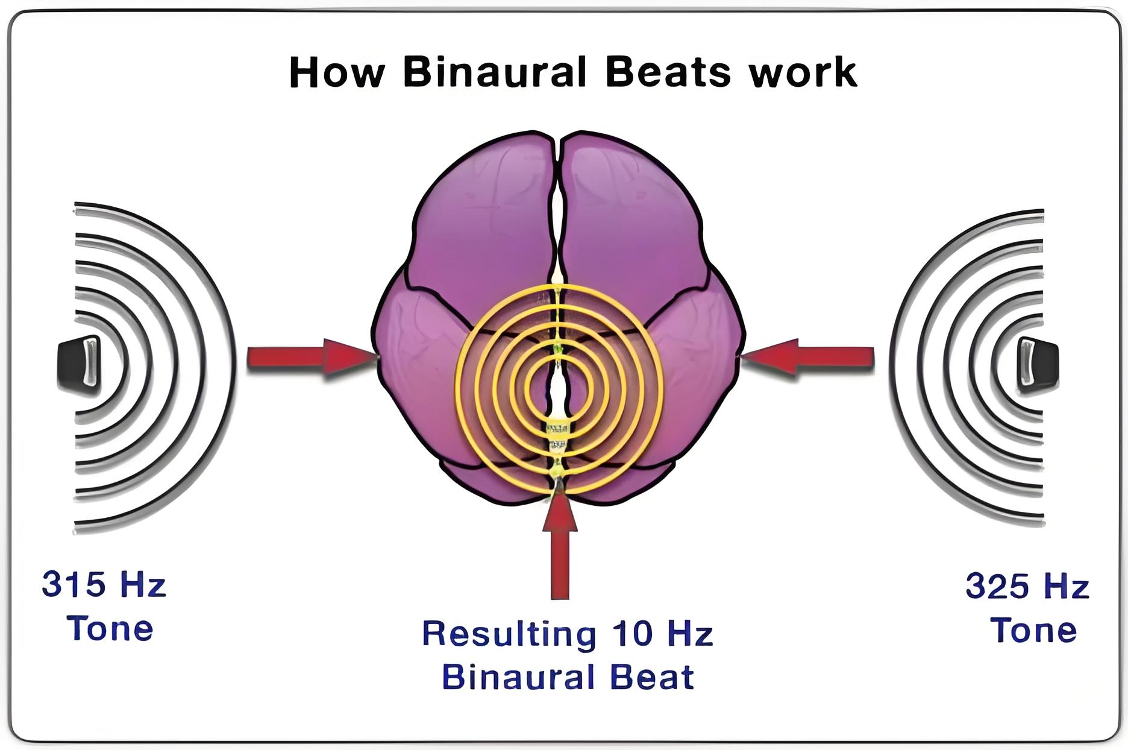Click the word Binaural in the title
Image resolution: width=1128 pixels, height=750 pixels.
pyautogui.click(x=494, y=72)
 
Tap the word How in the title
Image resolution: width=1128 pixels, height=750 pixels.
pyautogui.click(x=337, y=72)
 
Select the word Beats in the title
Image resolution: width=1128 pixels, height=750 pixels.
pyautogui.click(x=668, y=72)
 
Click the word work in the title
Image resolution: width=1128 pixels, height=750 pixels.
pyautogui.click(x=802, y=72)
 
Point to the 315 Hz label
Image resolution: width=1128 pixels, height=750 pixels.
pyautogui.click(x=104, y=584)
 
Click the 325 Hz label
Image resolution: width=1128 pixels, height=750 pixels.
pyautogui.click(x=1027, y=586)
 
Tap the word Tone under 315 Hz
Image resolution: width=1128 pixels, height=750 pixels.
pyautogui.click(x=110, y=628)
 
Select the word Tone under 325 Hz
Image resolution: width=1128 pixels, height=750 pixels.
pyautogui.click(x=1033, y=630)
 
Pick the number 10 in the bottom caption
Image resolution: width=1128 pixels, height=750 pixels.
pyautogui.click(x=632, y=633)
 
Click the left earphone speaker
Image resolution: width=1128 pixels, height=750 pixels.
pyautogui.click(x=79, y=365)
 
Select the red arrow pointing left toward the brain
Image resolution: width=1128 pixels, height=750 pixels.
pyautogui.click(x=807, y=357)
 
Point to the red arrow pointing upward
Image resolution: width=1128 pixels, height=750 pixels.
pyautogui.click(x=560, y=545)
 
